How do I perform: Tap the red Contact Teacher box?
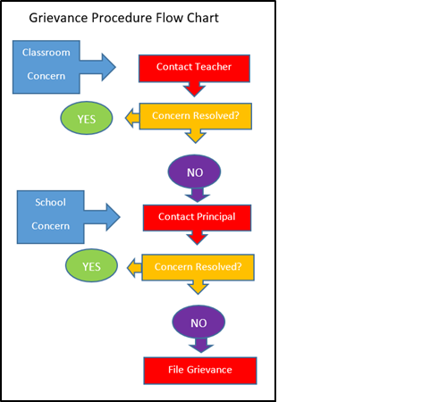(x=194, y=67)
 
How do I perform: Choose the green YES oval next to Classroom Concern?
(x=86, y=117)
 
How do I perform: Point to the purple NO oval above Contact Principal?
(x=194, y=170)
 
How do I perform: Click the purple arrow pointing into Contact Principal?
(x=194, y=195)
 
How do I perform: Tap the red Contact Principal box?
(x=197, y=217)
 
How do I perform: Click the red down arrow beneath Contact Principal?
(x=197, y=238)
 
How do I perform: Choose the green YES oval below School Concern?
(x=91, y=266)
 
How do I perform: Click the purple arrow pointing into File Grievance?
(x=198, y=345)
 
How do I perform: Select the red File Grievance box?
(x=200, y=370)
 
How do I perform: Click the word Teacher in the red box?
(x=213, y=67)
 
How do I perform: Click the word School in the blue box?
(x=50, y=203)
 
